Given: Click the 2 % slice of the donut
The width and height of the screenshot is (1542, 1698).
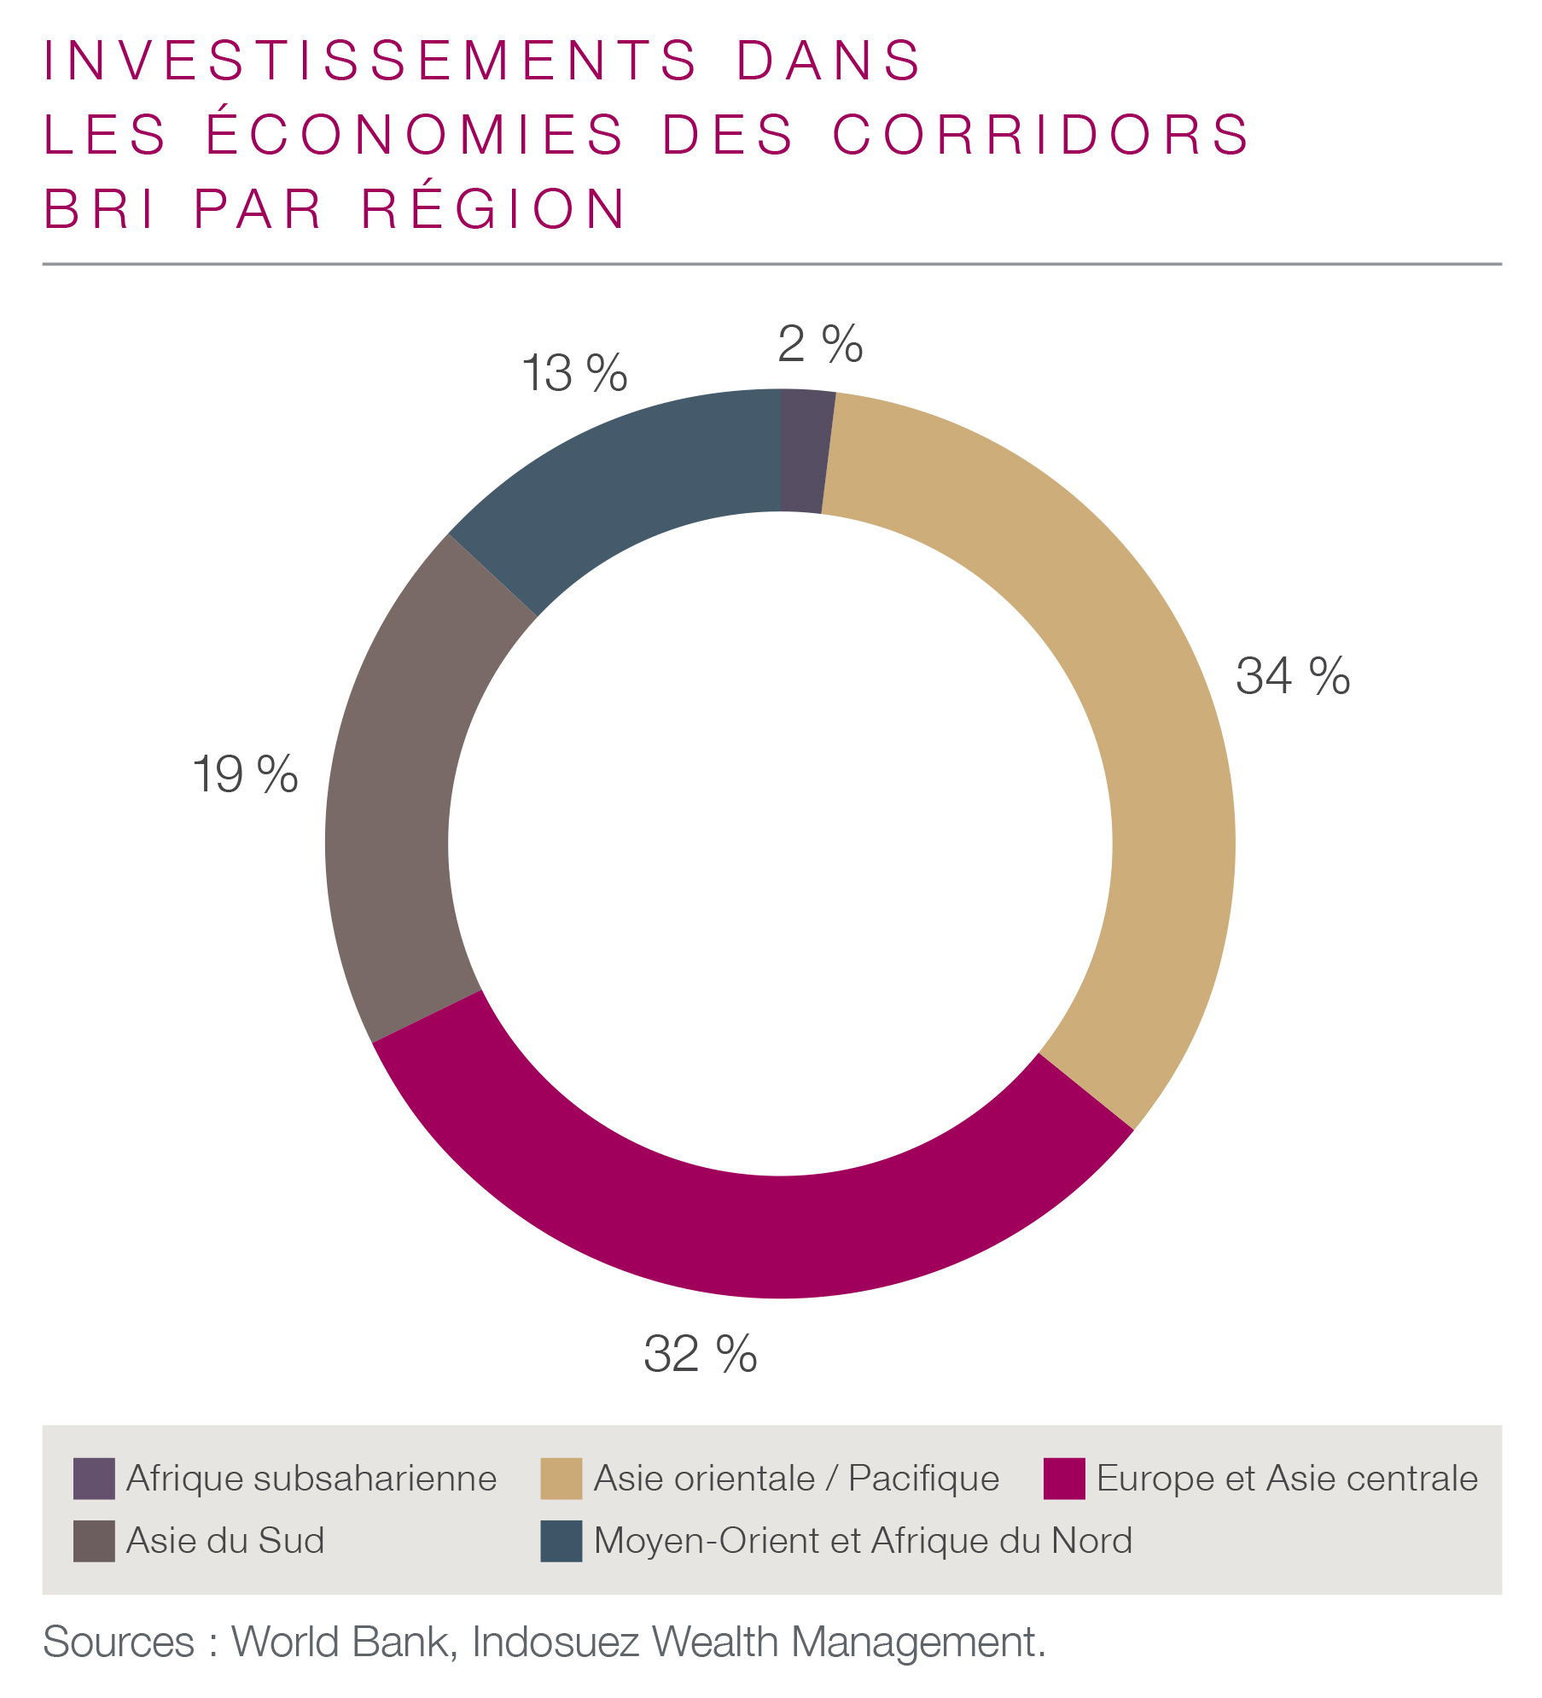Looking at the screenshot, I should [x=806, y=452].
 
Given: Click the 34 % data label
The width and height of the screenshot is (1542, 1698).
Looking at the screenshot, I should [x=1292, y=676].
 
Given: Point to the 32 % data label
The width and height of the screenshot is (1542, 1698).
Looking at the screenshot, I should [x=700, y=1353].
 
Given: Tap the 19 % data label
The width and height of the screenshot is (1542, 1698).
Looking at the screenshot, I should [x=245, y=774].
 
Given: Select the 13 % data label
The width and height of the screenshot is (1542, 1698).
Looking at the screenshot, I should [x=573, y=374].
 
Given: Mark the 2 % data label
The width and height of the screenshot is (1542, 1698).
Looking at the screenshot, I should [x=820, y=344].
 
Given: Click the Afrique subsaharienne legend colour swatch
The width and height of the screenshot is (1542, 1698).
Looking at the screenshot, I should [x=94, y=1479].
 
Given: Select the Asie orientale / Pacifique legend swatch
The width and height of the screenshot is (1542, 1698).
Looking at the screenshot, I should [x=561, y=1479].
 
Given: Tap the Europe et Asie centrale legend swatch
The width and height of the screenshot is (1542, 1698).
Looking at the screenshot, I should [x=1064, y=1479].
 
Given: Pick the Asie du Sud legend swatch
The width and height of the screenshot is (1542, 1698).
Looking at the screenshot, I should [x=94, y=1541].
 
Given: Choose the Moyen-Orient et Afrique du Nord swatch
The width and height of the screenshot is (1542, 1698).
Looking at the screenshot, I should [x=561, y=1541].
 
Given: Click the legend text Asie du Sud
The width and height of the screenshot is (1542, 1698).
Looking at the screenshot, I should [x=225, y=1541].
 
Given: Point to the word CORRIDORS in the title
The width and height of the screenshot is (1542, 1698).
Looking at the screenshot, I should [x=1040, y=135].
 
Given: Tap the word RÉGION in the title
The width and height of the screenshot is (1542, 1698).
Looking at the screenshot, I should [x=494, y=209].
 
